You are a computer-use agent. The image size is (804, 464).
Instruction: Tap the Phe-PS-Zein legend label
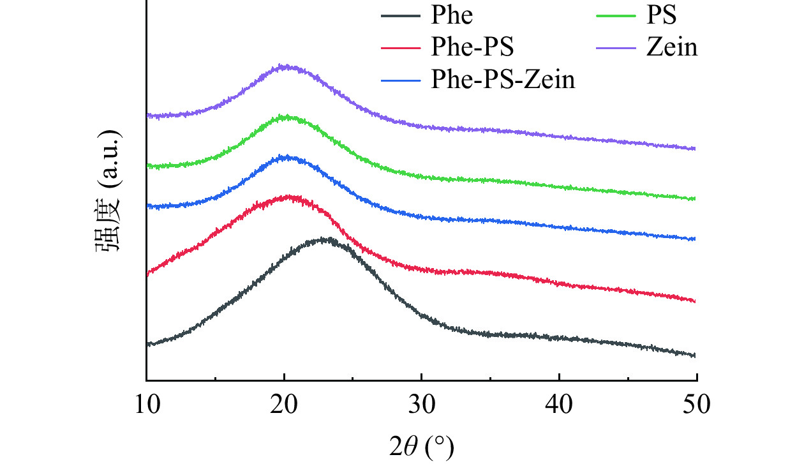[x=503, y=80]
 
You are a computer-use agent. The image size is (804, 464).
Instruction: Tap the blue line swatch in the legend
[x=401, y=80]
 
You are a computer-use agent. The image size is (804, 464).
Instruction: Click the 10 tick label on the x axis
[x=147, y=403]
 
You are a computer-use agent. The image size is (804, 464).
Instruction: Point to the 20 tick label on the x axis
[x=284, y=403]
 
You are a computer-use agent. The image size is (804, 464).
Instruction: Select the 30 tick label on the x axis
[x=421, y=403]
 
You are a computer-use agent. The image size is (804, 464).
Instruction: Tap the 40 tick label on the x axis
[x=559, y=403]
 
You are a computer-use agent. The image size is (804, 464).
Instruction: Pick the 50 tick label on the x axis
[x=696, y=403]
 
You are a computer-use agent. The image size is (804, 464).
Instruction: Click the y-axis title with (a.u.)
[x=109, y=192]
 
